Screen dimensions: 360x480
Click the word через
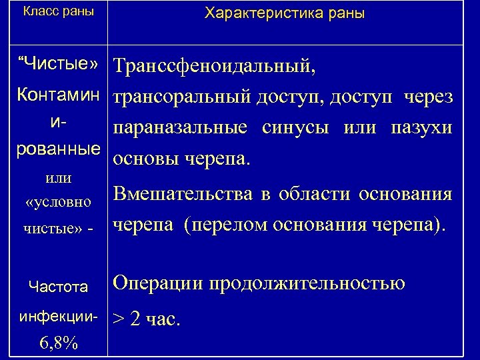pyautogui.click(x=427, y=97)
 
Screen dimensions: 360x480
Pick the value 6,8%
pyautogui.click(x=59, y=343)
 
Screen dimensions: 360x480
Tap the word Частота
pyautogui.click(x=59, y=287)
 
